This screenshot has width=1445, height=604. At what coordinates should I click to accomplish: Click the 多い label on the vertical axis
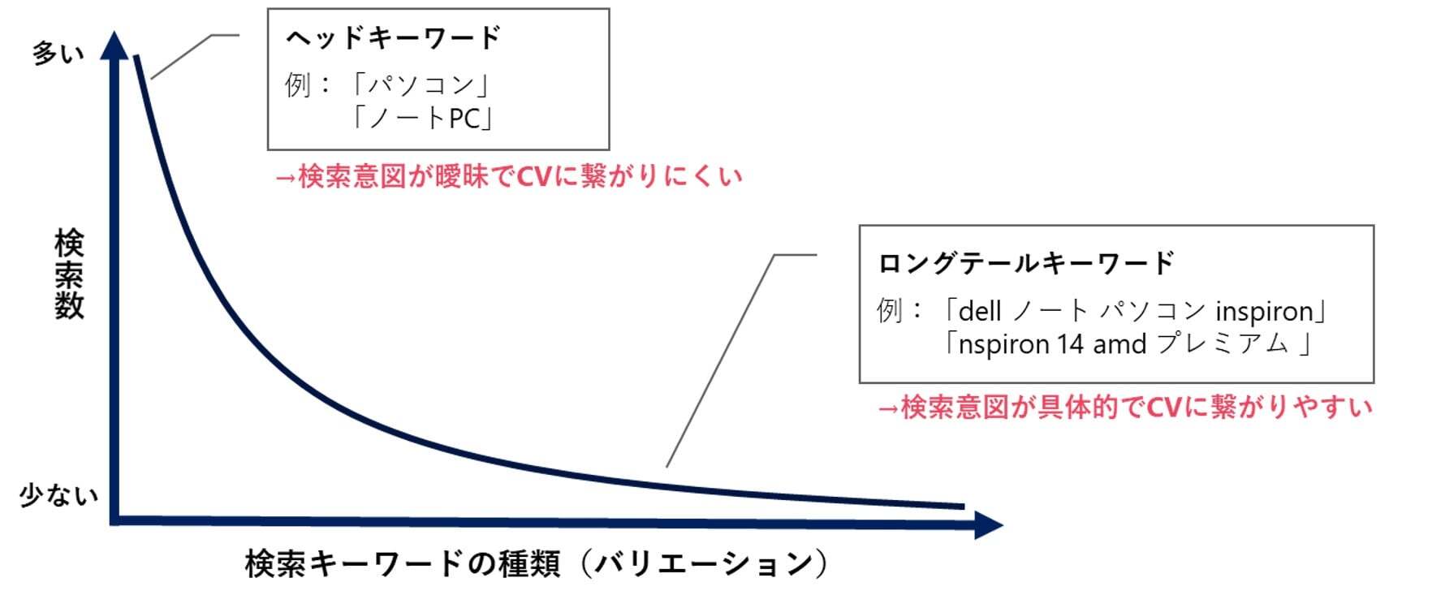[58, 54]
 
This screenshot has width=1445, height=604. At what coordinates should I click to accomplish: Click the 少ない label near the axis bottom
[58, 495]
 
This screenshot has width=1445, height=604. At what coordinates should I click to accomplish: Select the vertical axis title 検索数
[69, 274]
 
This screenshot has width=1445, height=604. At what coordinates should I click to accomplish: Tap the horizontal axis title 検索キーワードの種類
[403, 563]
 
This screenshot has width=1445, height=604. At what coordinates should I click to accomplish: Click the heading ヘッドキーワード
[394, 37]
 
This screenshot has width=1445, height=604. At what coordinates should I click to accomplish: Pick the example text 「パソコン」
[421, 84]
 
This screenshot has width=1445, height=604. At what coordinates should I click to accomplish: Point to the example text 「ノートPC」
[421, 119]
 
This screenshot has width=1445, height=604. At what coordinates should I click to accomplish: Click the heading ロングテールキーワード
[1026, 263]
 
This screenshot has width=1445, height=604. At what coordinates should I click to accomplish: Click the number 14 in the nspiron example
[1070, 344]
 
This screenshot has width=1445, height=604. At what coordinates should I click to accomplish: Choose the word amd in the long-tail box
[1119, 344]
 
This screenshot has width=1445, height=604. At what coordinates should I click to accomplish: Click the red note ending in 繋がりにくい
[509, 176]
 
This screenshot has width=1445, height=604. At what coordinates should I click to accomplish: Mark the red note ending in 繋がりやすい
[1124, 407]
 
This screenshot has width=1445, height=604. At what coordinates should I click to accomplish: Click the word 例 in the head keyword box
[297, 84]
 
